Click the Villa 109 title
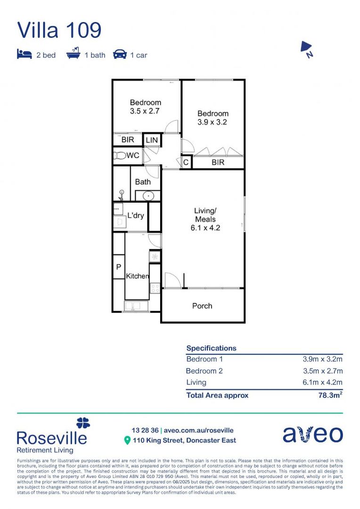[x=59, y=30]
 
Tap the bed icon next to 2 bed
[x=24, y=55]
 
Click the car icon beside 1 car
[x=120, y=55]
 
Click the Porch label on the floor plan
[x=202, y=306]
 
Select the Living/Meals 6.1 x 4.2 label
[x=205, y=219]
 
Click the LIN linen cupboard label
[x=152, y=140]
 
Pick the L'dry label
[x=136, y=216]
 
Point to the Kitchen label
[x=137, y=276]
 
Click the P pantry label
[x=118, y=267]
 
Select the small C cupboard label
[x=186, y=163]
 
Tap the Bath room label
[x=143, y=182]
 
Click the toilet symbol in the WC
[x=119, y=156]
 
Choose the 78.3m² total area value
[x=330, y=395]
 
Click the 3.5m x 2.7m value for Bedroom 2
[x=322, y=371]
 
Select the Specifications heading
[x=211, y=348]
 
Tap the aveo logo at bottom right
[x=312, y=435]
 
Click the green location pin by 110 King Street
[x=127, y=441]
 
